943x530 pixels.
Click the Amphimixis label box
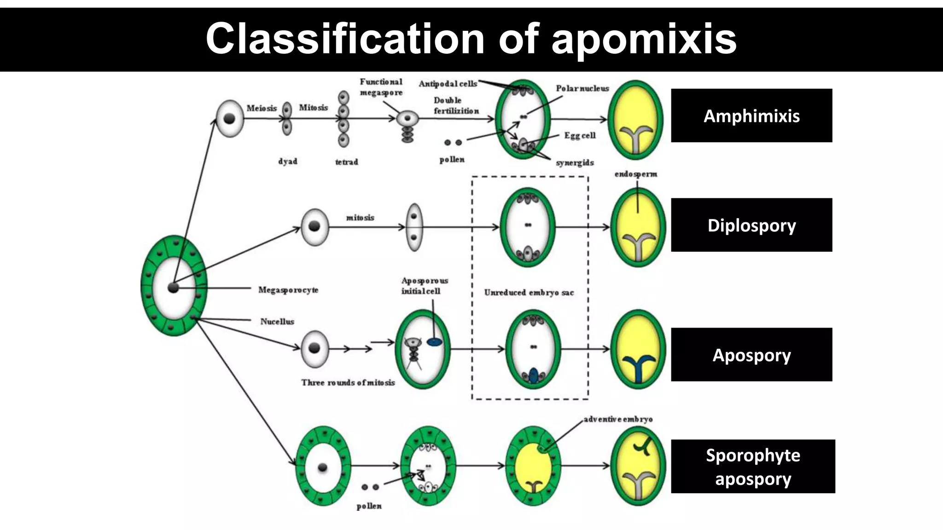[751, 115]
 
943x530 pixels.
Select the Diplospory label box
[751, 225]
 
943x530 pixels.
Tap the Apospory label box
[751, 355]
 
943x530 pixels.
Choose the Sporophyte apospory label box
[752, 467]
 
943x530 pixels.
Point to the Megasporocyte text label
[288, 290]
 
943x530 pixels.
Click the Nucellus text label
[277, 322]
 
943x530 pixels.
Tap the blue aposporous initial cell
[434, 342]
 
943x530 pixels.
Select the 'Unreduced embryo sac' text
[529, 293]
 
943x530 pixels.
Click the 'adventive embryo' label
[618, 419]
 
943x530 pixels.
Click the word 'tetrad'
[346, 162]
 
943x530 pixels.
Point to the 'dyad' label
[288, 161]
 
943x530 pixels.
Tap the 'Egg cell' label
[580, 136]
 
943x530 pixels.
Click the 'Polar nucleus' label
[582, 88]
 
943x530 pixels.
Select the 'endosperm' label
[636, 174]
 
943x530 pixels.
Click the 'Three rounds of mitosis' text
[348, 382]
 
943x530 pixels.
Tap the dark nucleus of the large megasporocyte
[173, 288]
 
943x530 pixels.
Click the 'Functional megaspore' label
[381, 87]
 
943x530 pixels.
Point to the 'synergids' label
[575, 163]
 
